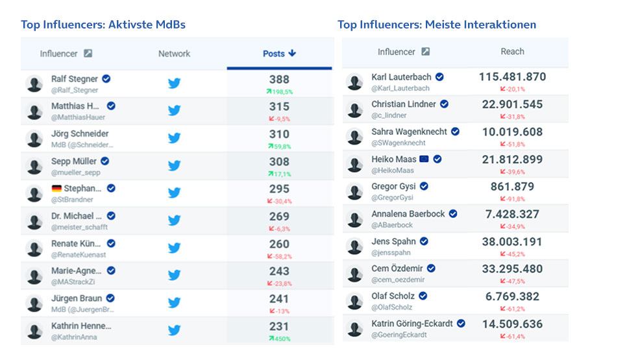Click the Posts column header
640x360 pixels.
pos(279,54)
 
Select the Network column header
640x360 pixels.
pos(174,54)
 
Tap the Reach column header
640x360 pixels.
pos(512,51)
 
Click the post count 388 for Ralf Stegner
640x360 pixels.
pos(279,79)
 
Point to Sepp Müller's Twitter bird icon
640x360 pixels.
pos(174,165)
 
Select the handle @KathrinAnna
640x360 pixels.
pos(75,337)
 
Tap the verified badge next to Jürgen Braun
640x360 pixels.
pos(110,298)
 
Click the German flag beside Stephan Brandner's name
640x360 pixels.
pos(57,189)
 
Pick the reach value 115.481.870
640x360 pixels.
pos(512,77)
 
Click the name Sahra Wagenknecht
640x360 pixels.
pos(409,131)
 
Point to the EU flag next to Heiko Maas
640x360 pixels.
pos(424,159)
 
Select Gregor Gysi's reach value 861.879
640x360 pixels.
pos(512,187)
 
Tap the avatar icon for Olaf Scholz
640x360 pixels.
pos(354,302)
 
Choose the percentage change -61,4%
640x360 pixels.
pos(512,337)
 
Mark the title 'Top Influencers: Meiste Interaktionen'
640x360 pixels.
pos(436,25)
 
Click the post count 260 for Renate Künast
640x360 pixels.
pos(279,244)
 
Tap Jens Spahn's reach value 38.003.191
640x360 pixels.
pos(512,241)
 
